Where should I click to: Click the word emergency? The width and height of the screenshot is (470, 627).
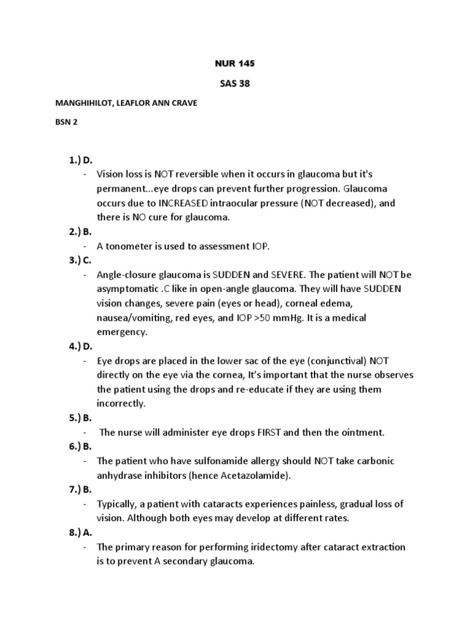tap(122, 332)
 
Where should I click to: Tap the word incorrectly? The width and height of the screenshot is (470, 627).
tap(121, 404)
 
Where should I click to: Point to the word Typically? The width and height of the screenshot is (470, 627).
tap(117, 504)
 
